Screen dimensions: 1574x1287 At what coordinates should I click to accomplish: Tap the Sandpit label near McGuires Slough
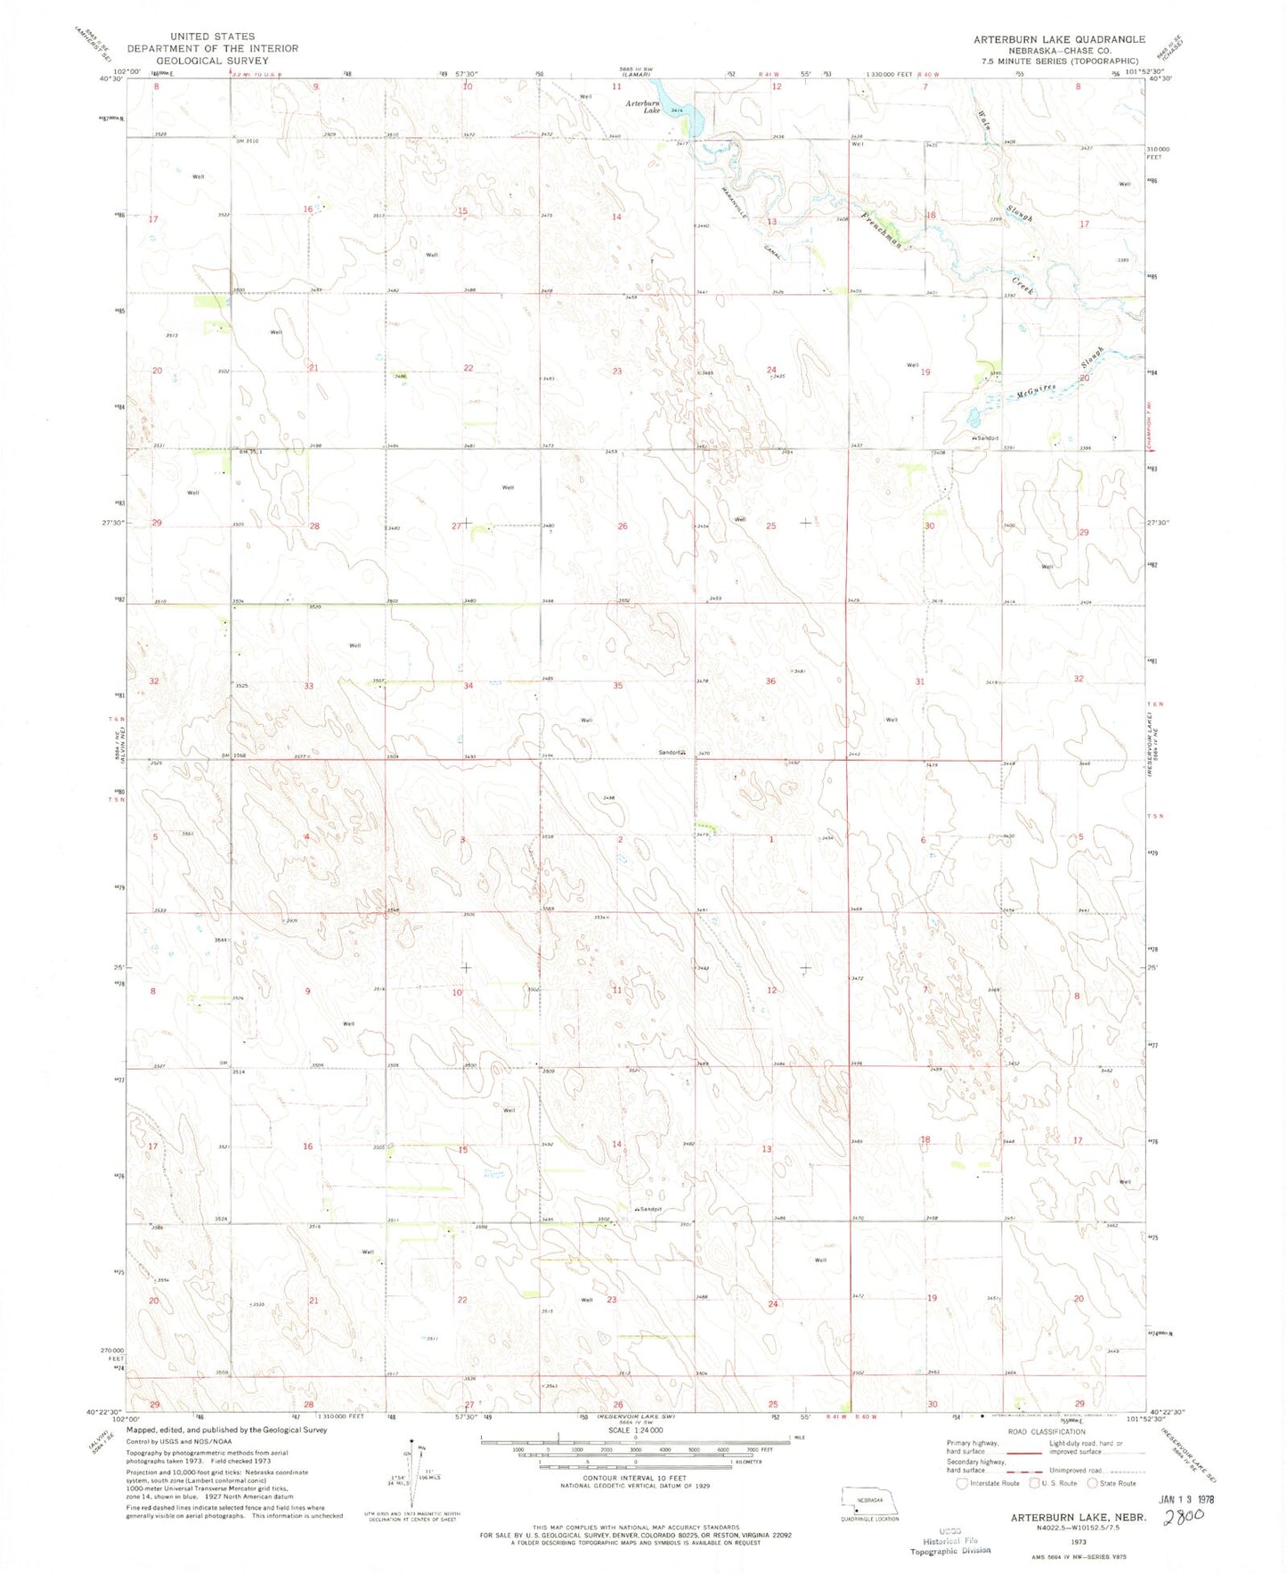click(986, 438)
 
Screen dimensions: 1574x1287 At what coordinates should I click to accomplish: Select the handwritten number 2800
click(1186, 1514)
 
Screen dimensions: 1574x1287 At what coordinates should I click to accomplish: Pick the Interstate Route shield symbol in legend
click(961, 1483)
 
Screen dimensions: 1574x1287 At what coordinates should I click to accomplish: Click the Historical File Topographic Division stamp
click(949, 1545)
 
